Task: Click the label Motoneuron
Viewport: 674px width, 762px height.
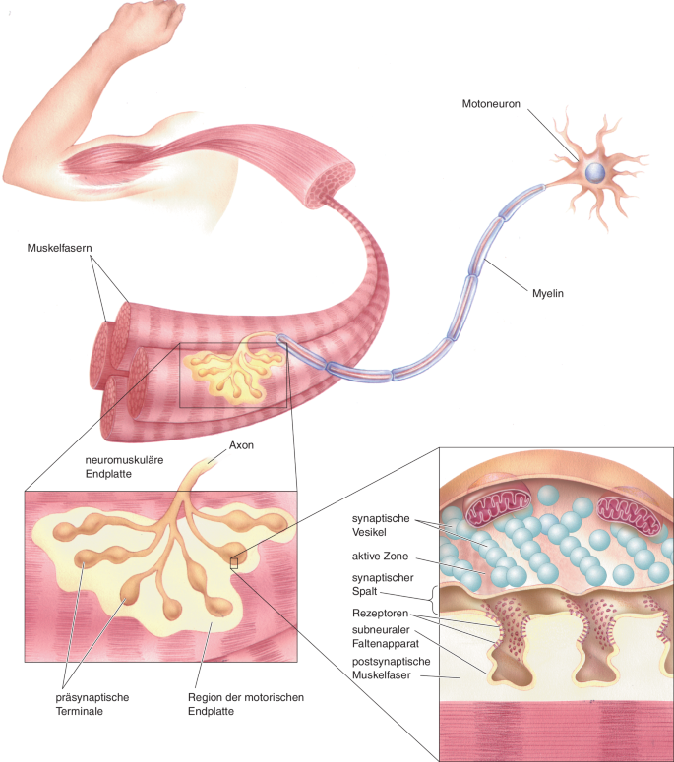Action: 491,101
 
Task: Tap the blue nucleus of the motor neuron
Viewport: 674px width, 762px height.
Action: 594,171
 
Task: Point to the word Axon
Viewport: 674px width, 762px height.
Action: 242,444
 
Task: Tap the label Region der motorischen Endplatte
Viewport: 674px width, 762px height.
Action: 245,704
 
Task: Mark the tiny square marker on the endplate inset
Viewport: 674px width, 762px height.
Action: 233,562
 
